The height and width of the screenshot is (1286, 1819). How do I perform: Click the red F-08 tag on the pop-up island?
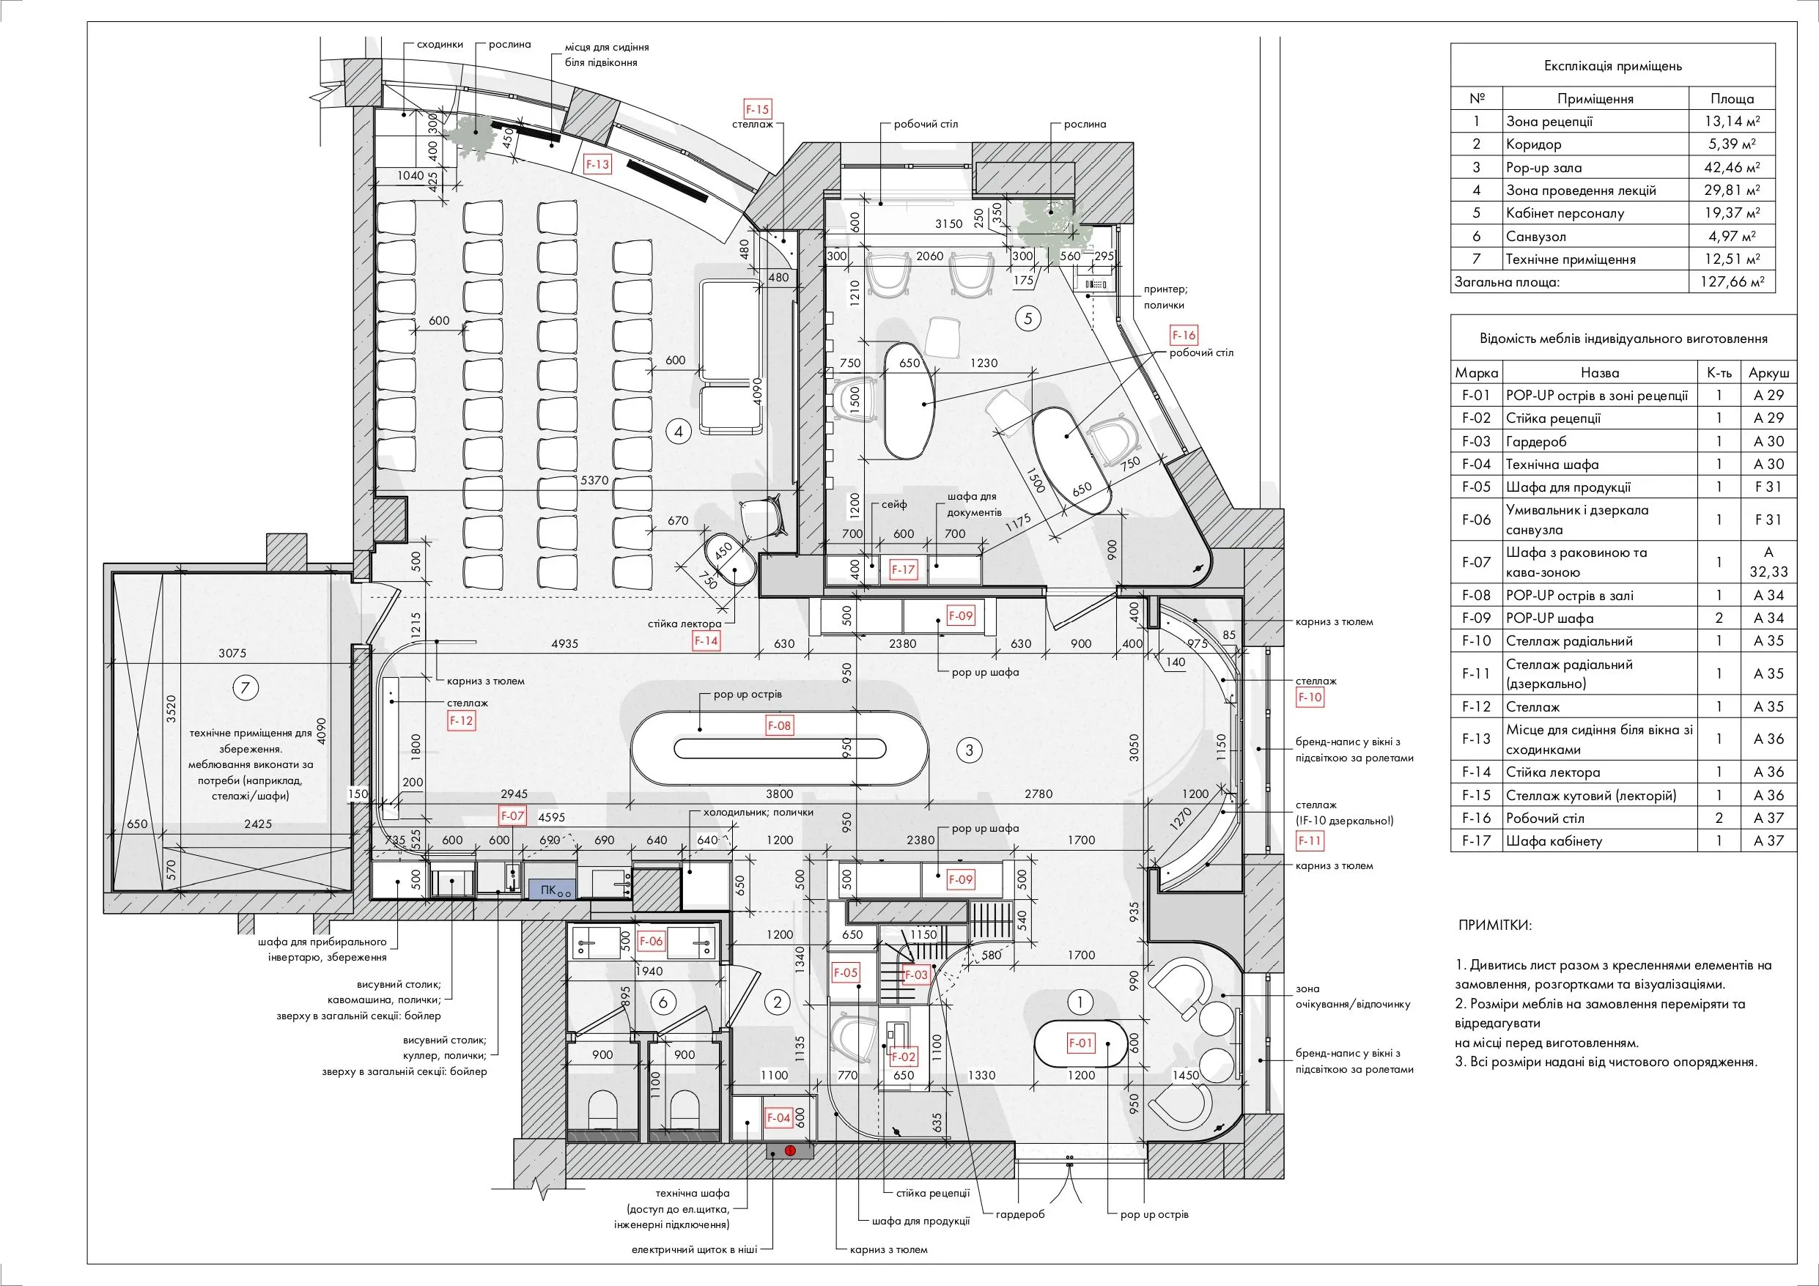(x=780, y=725)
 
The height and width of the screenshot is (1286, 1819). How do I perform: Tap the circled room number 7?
(x=245, y=688)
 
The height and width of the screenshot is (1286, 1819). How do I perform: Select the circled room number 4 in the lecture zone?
(x=678, y=431)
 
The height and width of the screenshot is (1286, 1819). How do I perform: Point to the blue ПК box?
(x=552, y=890)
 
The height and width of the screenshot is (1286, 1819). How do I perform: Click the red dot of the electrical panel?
(x=790, y=1150)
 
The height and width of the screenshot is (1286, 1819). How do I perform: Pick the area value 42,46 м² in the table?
(x=1732, y=167)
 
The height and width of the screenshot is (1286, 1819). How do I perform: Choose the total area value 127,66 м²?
(x=1732, y=281)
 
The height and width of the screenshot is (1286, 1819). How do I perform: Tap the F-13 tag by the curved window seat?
(x=597, y=164)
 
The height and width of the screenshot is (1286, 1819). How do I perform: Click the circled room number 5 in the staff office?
(x=1028, y=319)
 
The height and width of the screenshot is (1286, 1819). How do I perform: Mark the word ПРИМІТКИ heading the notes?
(x=1495, y=925)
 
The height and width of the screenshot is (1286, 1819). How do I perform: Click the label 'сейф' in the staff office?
(x=893, y=504)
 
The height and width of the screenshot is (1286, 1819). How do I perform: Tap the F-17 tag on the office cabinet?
(x=903, y=569)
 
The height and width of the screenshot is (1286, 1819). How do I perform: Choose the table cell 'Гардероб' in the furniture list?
(x=1536, y=441)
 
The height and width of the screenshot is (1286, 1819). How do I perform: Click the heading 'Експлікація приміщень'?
(x=1613, y=66)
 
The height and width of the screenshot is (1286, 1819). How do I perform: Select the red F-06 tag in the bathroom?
(x=651, y=941)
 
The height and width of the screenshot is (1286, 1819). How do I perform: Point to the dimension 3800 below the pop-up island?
(x=780, y=794)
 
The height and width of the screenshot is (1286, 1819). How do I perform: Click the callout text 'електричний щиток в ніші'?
(x=694, y=1249)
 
